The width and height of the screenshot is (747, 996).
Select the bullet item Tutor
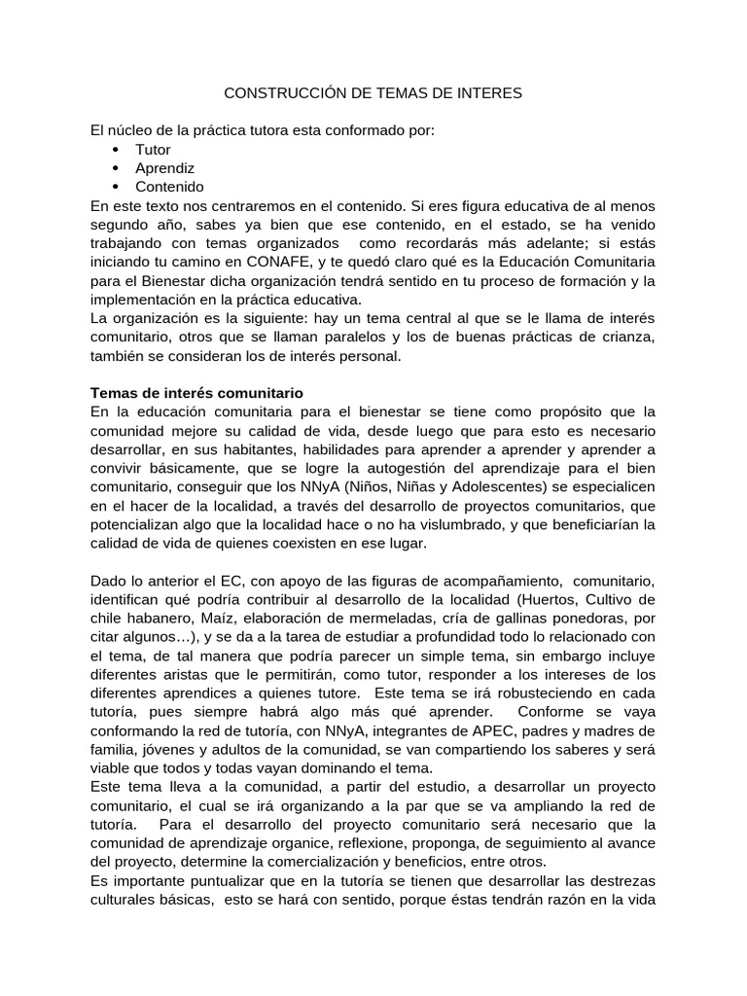coord(153,150)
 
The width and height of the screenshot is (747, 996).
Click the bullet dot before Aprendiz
coord(116,168)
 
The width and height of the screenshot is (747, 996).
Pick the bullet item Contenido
coord(169,187)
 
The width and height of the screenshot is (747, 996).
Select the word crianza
coord(628,338)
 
